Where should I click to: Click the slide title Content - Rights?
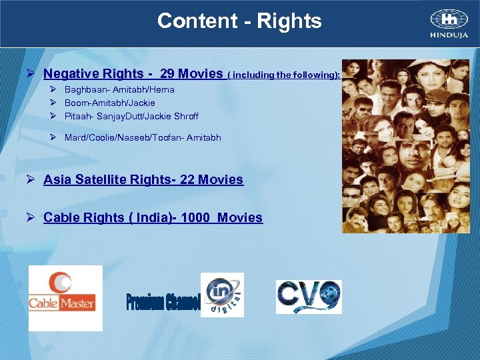[x=239, y=21]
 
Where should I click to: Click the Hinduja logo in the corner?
[x=448, y=24]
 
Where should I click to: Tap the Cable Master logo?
[x=65, y=298]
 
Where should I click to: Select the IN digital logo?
[x=223, y=295]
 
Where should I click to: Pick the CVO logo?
[x=309, y=297]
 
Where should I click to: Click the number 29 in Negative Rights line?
[x=168, y=74]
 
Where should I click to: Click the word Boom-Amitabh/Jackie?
[x=109, y=103]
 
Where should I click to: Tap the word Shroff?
[x=185, y=117]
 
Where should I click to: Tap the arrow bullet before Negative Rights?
[x=31, y=74]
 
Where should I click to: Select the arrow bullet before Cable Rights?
[x=31, y=218]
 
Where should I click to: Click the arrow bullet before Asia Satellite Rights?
[x=31, y=180]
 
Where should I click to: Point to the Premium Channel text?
[x=163, y=301]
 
